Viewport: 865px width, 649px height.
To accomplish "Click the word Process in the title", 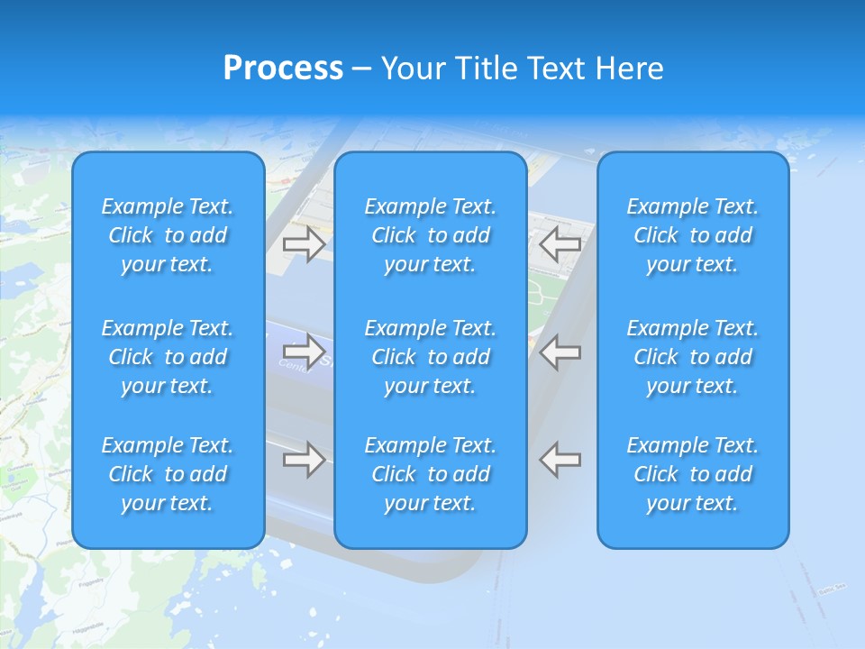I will pos(283,69).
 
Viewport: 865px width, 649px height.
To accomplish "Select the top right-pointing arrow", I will pos(304,244).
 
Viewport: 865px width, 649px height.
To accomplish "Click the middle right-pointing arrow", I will pos(304,351).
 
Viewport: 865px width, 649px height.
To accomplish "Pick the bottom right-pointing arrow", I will pos(304,459).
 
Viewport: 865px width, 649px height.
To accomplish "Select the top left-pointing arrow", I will pos(560,244).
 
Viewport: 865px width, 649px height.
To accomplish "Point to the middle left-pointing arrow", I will pos(560,351).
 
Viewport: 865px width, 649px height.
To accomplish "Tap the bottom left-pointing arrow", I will pos(560,459).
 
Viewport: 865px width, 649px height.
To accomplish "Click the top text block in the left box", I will pos(168,235).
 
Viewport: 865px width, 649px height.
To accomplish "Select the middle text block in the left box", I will pos(168,357).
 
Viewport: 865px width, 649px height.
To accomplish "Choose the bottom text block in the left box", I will pos(168,474).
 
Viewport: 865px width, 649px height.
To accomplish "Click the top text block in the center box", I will pos(431,235).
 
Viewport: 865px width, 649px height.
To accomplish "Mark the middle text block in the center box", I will pos(431,357).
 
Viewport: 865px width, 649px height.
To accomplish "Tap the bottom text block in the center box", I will pos(431,474).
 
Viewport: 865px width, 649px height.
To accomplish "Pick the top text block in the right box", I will pos(693,235).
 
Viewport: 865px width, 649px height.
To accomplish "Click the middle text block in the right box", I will pos(693,357).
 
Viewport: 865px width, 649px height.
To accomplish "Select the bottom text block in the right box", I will pos(693,474).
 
